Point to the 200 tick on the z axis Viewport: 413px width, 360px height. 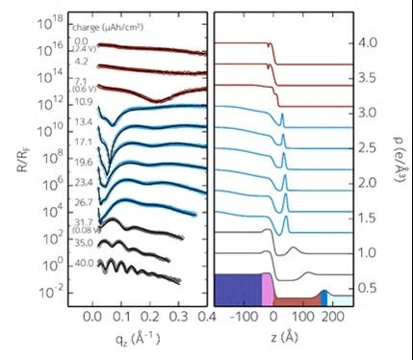click(x=333, y=316)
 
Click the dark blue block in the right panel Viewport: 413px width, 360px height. click(x=237, y=290)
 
